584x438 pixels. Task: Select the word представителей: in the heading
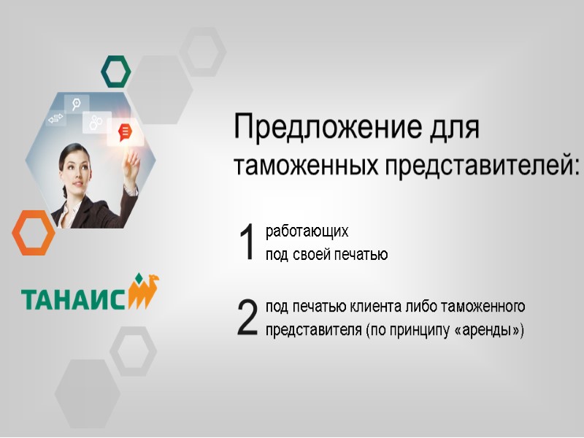point(478,166)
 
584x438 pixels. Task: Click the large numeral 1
point(248,242)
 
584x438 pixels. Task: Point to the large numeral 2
point(248,318)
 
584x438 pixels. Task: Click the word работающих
point(307,232)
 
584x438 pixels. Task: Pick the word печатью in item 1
point(361,255)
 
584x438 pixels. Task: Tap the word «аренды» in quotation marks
point(489,329)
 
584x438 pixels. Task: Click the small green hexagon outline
point(115,71)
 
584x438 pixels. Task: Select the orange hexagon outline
point(33,232)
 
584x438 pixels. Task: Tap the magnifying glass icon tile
point(76,103)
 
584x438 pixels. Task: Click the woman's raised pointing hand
point(132,162)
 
